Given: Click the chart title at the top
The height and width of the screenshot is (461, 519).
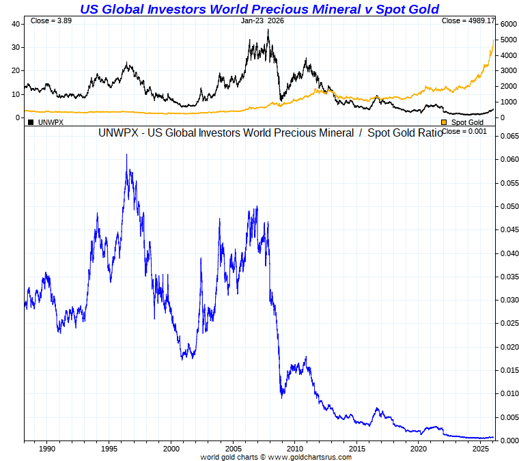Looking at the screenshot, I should [259, 9].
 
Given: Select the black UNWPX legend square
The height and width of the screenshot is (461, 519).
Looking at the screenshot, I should [31, 122].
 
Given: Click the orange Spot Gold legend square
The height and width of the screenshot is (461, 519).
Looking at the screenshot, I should [444, 122].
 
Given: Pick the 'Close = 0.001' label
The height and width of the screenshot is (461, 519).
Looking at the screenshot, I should [464, 131].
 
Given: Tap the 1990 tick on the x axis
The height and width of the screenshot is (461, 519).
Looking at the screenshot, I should [46, 449].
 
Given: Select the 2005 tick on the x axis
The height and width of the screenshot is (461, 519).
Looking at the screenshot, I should [233, 449].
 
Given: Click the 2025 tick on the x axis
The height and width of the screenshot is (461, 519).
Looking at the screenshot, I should [481, 449].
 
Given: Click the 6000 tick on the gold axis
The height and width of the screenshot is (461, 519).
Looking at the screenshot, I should [507, 24].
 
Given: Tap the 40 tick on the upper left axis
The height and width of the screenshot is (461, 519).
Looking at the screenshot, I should [16, 24].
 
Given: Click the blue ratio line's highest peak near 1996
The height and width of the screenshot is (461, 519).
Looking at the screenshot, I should [127, 155].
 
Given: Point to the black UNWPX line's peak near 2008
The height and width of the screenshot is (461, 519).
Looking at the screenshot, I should [268, 30].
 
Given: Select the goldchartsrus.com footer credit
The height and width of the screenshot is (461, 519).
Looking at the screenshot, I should [276, 456].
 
